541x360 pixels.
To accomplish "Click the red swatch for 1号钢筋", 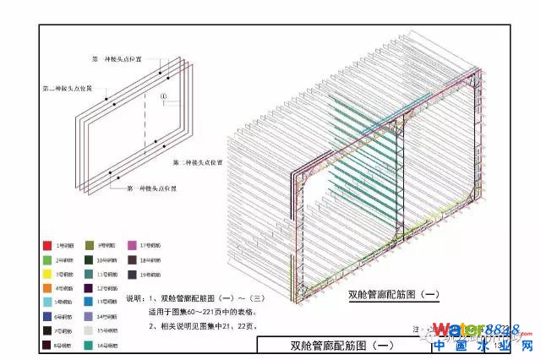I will pyautogui.click(x=49, y=245).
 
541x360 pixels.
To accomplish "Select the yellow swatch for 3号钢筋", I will pyautogui.click(x=49, y=274).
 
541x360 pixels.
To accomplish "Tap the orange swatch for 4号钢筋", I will pyautogui.click(x=49, y=287).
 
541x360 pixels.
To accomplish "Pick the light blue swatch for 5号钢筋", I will pyautogui.click(x=49, y=302).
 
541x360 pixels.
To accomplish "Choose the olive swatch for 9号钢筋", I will pyautogui.click(x=90, y=245).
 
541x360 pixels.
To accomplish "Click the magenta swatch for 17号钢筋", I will pyautogui.click(x=133, y=245).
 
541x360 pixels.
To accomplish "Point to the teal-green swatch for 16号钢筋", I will pyautogui.click(x=90, y=345).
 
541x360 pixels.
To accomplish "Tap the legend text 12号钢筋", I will pyautogui.click(x=107, y=287).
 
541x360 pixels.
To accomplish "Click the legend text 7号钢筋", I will pyautogui.click(x=64, y=330).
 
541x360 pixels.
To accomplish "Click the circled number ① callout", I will pyautogui.click(x=164, y=96).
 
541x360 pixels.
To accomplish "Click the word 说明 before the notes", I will pyautogui.click(x=134, y=298).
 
